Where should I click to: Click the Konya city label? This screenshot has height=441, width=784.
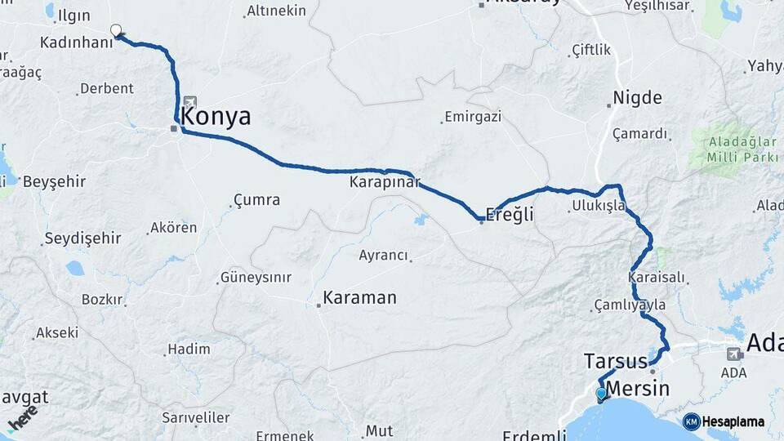point(216,116)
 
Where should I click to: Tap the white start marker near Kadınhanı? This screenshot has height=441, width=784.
point(116,31)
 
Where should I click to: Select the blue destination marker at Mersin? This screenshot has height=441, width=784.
point(602,394)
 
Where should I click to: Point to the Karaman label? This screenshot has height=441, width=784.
point(359,298)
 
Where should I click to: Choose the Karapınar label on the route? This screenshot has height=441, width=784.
point(384,180)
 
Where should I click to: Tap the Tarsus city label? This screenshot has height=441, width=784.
point(615,360)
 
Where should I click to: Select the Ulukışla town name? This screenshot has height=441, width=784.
point(599,205)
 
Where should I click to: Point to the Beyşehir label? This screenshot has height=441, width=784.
point(54,181)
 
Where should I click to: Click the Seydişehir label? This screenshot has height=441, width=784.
point(82,238)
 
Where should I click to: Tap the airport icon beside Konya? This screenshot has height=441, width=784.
point(190,102)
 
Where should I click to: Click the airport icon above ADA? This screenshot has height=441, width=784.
point(734,354)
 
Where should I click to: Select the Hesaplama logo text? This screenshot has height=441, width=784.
point(732,421)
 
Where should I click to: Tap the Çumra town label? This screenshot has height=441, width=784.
point(256,200)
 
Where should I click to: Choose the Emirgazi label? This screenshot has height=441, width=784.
point(472,117)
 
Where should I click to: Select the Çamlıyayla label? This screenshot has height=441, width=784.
point(630,305)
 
